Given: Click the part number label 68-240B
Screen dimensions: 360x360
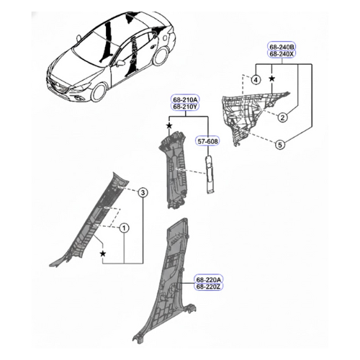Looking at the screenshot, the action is click(282, 47).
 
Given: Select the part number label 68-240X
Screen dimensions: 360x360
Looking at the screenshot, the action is click(282, 54).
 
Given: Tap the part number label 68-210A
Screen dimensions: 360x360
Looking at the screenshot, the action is click(185, 99).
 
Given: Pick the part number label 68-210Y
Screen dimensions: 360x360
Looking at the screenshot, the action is click(185, 107).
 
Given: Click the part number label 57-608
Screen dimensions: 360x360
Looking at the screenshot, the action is click(208, 141).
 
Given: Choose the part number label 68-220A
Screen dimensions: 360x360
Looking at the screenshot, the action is click(209, 279).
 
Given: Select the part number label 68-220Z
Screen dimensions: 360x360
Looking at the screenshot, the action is click(209, 287).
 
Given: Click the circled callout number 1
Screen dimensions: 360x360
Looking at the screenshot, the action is click(124, 228).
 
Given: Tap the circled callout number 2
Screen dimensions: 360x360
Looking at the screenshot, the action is click(283, 117).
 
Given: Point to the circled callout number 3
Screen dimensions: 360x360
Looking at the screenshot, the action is click(143, 192).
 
